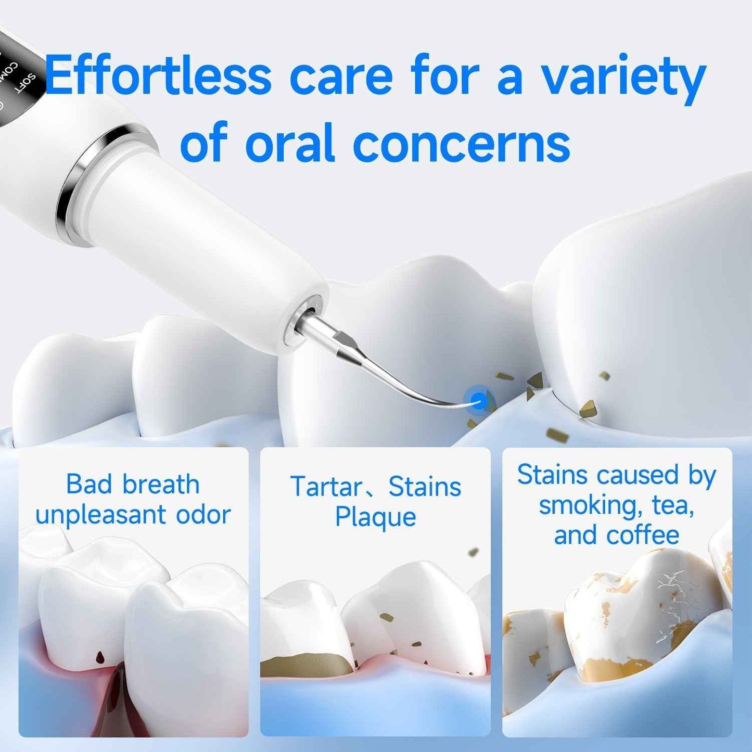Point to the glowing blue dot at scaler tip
(478, 401)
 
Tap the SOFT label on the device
(26, 83)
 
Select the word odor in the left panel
(203, 515)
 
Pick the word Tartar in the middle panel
(326, 487)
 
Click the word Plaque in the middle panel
(375, 517)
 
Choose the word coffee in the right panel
(643, 535)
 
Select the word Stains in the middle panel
(425, 487)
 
